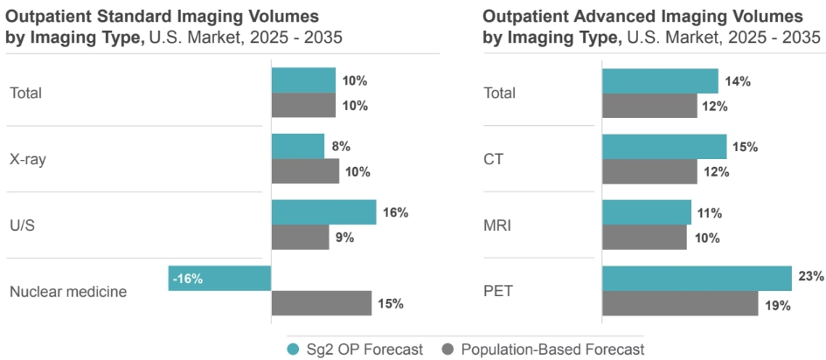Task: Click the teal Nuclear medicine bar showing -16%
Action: [x=219, y=279]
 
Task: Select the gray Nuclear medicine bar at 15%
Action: [x=322, y=303]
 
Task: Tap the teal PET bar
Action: [x=697, y=279]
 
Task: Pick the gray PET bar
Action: [x=680, y=304]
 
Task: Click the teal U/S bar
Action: [x=323, y=212]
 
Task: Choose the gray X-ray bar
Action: [x=305, y=171]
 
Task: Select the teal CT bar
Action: [x=664, y=147]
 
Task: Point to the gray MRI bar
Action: [x=644, y=238]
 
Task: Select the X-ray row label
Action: [x=28, y=159]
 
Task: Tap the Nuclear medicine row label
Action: [x=68, y=292]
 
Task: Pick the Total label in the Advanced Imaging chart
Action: [x=499, y=93]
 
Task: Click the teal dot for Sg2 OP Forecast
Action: [x=295, y=350]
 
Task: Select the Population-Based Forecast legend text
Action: [x=553, y=350]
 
